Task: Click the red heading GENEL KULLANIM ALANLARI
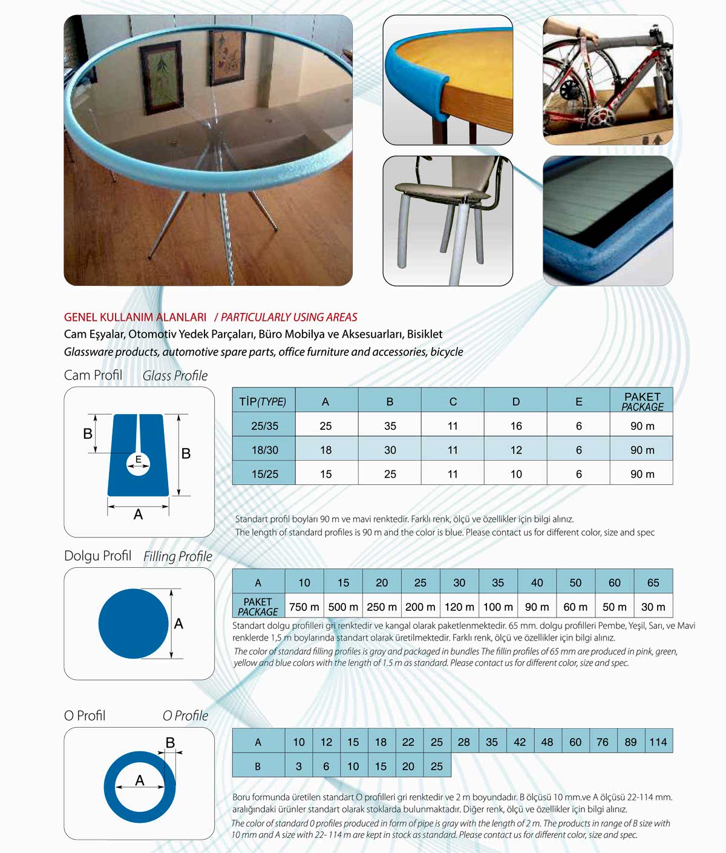(135, 317)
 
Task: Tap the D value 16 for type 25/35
(515, 426)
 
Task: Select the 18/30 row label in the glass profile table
(264, 450)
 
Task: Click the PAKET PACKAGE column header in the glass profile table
(642, 401)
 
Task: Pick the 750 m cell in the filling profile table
(304, 607)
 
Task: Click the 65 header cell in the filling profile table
(653, 582)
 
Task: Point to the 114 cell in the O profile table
(658, 742)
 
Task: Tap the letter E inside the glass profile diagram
(138, 459)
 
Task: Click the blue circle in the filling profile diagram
(133, 624)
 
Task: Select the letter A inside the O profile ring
(140, 780)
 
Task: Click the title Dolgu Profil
(97, 556)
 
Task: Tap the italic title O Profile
(185, 716)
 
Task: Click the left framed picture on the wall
(162, 80)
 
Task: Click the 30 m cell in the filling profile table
(653, 607)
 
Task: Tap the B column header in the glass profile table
(390, 401)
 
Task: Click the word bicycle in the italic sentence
(446, 352)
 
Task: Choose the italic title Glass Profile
(175, 376)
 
